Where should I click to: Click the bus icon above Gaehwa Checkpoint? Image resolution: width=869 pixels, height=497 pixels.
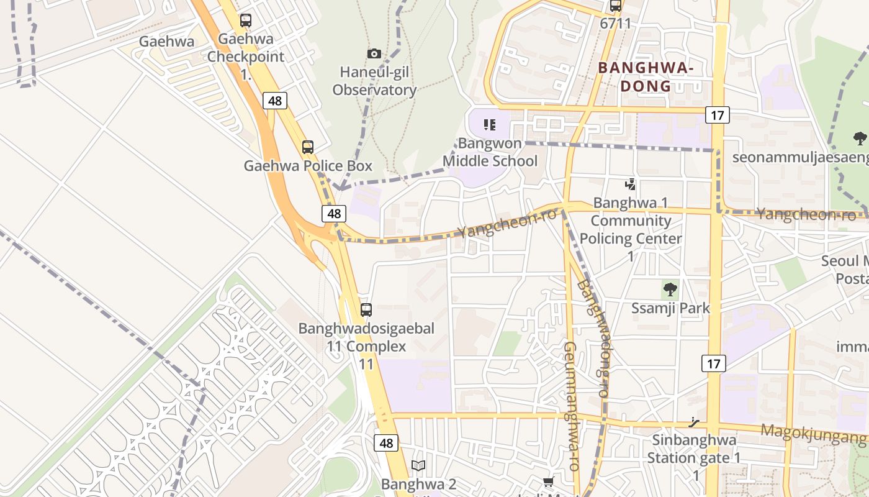click(x=246, y=21)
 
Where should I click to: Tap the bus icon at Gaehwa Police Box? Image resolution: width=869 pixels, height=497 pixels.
click(x=308, y=147)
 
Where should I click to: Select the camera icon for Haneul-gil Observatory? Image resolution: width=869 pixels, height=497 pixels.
click(x=374, y=53)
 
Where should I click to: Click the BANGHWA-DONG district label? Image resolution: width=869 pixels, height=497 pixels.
click(x=646, y=76)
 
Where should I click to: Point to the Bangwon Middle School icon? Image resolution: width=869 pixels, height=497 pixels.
click(x=490, y=125)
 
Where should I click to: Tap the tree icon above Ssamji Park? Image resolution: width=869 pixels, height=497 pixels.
click(x=670, y=289)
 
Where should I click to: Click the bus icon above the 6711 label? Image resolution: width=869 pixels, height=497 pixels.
click(x=616, y=6)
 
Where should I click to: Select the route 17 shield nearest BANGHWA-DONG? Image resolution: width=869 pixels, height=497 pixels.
click(x=717, y=115)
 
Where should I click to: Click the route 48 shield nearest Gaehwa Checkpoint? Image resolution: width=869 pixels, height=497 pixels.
click(x=274, y=101)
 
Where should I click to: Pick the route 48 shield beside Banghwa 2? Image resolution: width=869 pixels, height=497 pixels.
click(x=386, y=443)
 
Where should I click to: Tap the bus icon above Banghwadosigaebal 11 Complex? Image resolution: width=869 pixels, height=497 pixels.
click(x=366, y=309)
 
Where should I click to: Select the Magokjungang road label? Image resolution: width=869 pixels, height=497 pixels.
click(x=813, y=433)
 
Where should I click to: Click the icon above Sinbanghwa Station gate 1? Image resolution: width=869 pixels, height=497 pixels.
click(x=694, y=422)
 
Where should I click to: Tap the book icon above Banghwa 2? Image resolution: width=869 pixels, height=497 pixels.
click(x=419, y=466)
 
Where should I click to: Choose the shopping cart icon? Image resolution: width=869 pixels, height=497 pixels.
click(x=549, y=482)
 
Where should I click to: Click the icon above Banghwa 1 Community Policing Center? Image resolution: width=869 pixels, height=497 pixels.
click(x=631, y=184)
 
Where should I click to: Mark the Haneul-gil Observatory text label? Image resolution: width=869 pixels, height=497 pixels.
click(x=374, y=81)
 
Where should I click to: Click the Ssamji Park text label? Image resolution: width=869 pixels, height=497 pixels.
click(x=670, y=308)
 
